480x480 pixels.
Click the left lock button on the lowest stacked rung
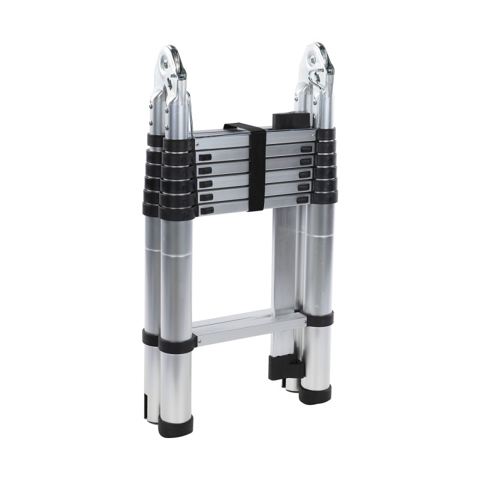[208, 211]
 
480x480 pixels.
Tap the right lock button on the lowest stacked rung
[303, 199]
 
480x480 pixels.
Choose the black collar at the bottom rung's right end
[319, 318]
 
